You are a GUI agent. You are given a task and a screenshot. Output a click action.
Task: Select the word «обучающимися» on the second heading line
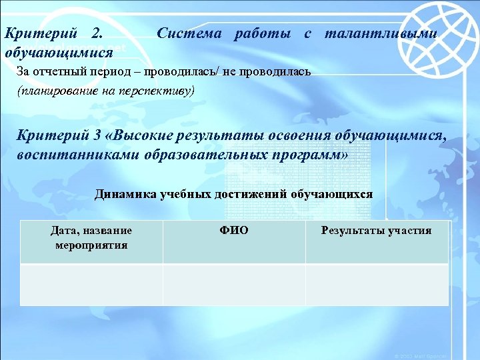click(58, 51)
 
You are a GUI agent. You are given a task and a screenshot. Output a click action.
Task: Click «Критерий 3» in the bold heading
click(61, 135)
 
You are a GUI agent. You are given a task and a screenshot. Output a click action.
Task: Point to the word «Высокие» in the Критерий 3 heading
click(144, 135)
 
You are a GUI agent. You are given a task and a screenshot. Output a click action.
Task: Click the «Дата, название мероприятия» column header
click(91, 237)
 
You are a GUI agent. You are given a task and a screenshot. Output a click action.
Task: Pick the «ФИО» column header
click(233, 231)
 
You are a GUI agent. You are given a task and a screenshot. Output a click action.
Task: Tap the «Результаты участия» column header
click(376, 231)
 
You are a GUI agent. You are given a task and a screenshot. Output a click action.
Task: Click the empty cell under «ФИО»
click(233, 285)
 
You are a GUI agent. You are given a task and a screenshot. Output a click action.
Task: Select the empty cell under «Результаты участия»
click(377, 285)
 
